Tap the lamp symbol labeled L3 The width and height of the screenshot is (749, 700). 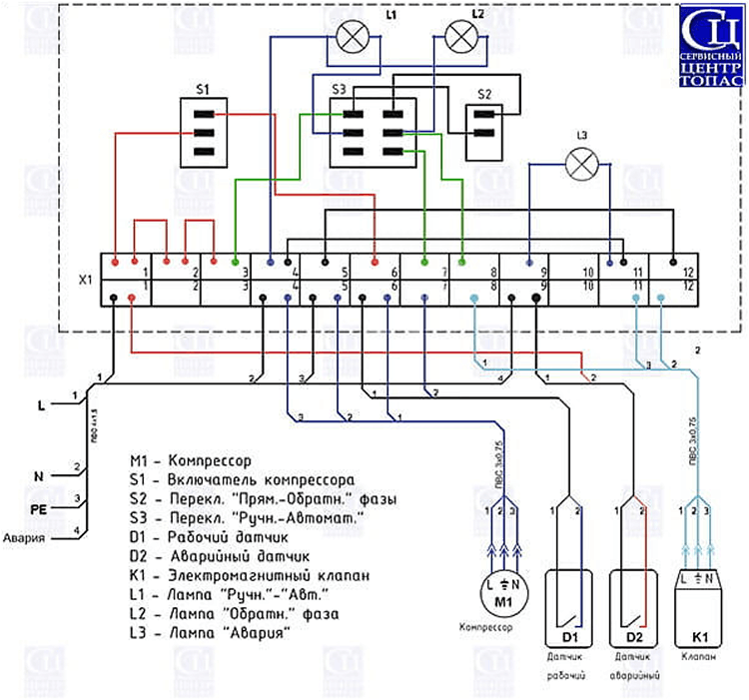[x=581, y=164]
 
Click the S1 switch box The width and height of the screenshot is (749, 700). [x=203, y=132]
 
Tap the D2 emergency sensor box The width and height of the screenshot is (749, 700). [x=632, y=607]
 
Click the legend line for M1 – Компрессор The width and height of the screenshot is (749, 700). [x=190, y=461]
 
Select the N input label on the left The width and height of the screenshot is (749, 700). [x=41, y=476]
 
